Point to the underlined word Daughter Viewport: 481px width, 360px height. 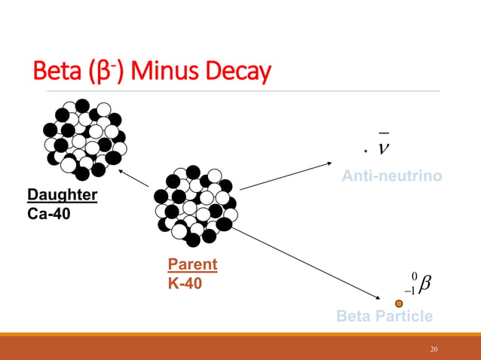coord(63,195)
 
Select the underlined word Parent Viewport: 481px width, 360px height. coord(192,264)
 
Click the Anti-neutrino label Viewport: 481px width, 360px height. coord(391,176)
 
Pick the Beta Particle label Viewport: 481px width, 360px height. coord(384,316)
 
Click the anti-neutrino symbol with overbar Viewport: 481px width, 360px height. coord(385,146)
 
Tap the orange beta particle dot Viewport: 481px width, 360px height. coord(400,303)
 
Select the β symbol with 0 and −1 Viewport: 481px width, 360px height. coord(419,285)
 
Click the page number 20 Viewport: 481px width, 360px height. coord(434,349)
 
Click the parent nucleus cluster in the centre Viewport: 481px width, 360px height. coord(195,205)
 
